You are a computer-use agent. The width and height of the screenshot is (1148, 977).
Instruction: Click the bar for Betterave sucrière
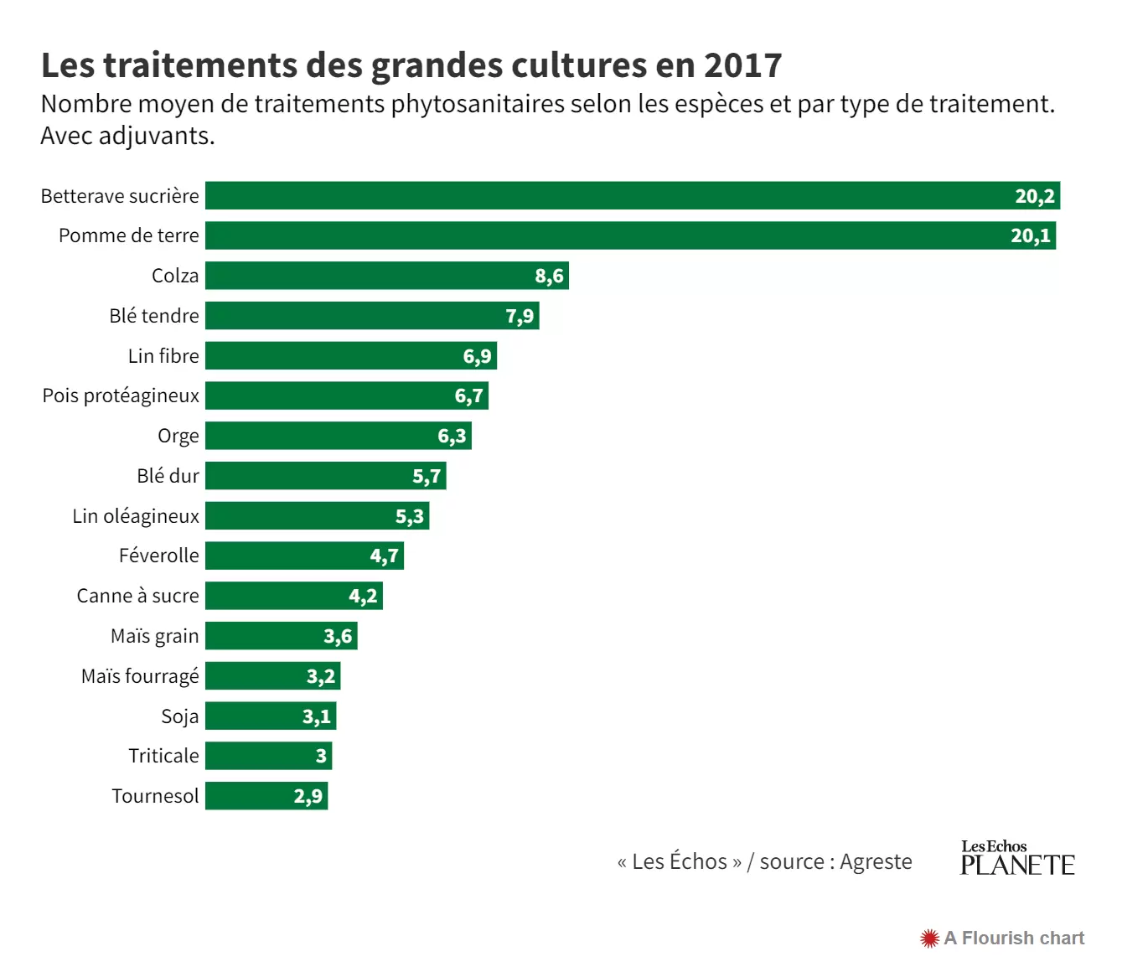coord(603,196)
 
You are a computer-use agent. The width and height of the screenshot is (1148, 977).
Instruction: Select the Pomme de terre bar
coord(603,235)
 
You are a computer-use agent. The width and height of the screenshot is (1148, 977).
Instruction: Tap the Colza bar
coord(369,276)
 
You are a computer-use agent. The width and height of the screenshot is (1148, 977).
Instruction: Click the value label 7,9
coord(520,316)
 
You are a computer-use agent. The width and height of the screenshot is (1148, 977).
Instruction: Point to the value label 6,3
coord(452,436)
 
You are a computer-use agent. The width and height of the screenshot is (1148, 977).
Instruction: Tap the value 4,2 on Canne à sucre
coord(363,596)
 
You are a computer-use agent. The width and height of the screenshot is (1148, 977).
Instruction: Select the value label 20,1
coord(1030,235)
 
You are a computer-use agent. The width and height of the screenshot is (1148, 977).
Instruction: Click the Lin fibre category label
coord(163,356)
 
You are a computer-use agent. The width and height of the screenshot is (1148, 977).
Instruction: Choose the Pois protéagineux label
coord(121,395)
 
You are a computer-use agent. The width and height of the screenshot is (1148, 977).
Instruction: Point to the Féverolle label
coord(159,556)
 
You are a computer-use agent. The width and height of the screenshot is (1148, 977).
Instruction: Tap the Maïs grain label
coord(155,636)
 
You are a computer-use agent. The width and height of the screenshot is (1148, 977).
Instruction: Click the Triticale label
coord(163,756)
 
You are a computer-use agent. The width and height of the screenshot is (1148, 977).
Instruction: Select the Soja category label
coord(180,716)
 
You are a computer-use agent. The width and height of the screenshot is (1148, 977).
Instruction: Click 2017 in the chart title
coord(742,65)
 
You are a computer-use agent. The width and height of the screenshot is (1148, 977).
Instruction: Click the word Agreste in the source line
coord(876,861)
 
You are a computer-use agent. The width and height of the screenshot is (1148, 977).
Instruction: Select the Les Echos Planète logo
coord(1017,858)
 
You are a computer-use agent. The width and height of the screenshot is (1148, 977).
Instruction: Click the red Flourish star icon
coord(929,938)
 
